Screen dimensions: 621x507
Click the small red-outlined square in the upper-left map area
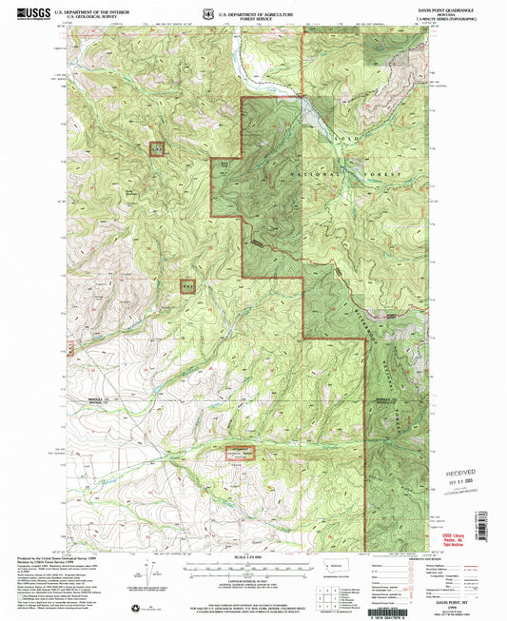[x=157, y=148]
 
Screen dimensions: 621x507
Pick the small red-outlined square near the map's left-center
[x=187, y=283]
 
